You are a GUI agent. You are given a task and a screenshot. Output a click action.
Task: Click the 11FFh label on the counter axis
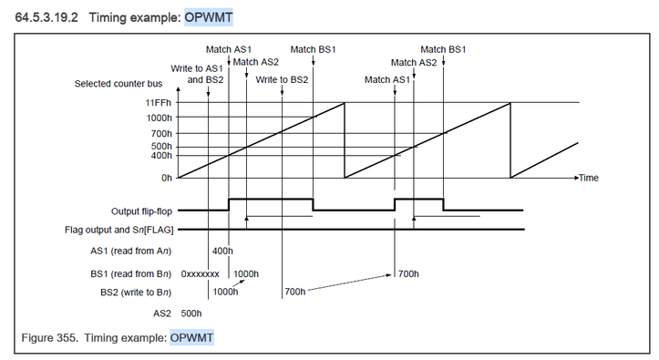click(x=159, y=103)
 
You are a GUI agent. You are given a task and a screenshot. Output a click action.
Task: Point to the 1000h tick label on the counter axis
click(x=159, y=118)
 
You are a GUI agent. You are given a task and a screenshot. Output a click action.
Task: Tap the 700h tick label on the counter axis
click(x=161, y=134)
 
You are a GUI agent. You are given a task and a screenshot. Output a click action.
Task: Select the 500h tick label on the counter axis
click(x=161, y=147)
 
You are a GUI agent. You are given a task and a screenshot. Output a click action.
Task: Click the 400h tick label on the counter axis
click(x=161, y=156)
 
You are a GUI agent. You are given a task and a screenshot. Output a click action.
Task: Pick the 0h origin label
click(x=167, y=178)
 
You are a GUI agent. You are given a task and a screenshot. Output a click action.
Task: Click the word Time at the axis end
click(x=589, y=178)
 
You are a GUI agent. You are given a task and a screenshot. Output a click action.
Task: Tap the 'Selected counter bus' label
click(x=118, y=84)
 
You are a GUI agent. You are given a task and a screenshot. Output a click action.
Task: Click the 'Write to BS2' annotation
click(x=282, y=80)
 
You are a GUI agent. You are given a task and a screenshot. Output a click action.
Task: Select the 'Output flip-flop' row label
click(x=141, y=211)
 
